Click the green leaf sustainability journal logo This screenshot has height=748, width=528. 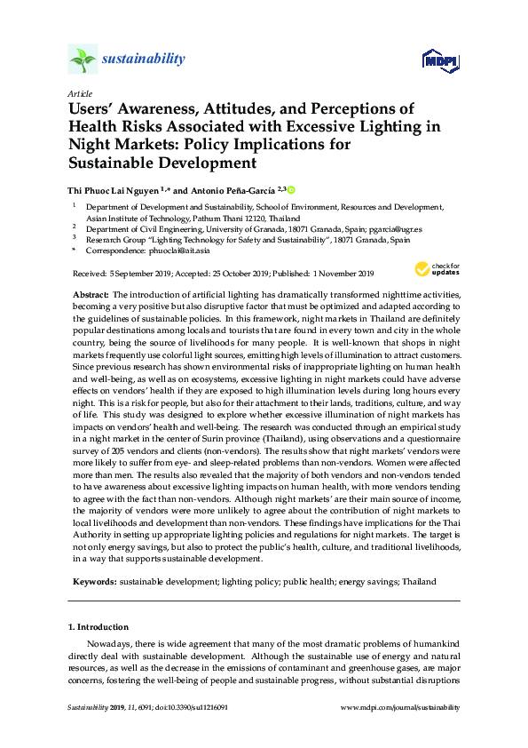pos(83,60)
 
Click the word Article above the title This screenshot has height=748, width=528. pos(79,92)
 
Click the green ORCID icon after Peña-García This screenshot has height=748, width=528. pos(290,189)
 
